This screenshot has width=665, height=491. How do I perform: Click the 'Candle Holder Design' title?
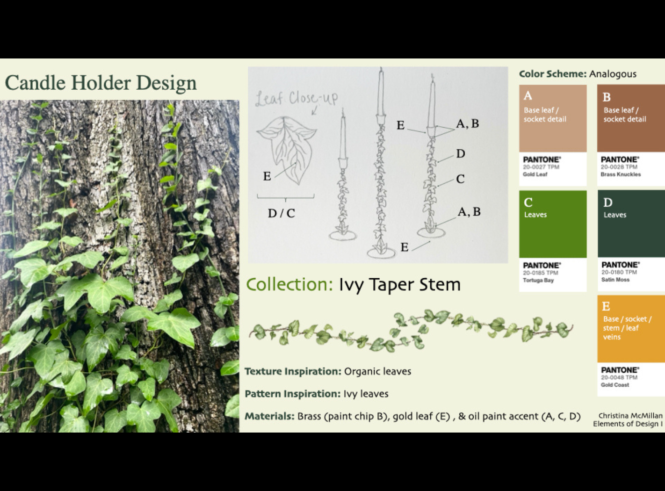[x=101, y=83]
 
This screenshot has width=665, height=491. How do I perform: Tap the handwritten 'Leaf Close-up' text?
[x=296, y=98]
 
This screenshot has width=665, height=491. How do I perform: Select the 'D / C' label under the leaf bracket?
[x=281, y=213]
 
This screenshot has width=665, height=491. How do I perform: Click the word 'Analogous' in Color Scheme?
[x=613, y=74]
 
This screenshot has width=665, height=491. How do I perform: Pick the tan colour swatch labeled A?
[x=553, y=118]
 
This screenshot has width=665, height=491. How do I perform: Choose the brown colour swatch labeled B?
[x=631, y=118]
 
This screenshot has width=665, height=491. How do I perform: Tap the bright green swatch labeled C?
[x=553, y=224]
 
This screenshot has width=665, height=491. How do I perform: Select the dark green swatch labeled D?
[x=631, y=224]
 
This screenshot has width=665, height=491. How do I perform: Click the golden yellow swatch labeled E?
[x=631, y=329]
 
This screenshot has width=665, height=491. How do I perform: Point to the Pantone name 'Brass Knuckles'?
[x=621, y=174]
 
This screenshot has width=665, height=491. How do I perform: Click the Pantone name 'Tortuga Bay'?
[x=538, y=280]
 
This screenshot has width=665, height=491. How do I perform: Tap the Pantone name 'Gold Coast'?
[x=614, y=385]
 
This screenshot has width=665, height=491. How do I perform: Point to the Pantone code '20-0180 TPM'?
[x=619, y=272]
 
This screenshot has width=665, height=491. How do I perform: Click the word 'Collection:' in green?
[x=289, y=284]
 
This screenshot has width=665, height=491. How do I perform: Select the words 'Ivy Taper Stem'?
[x=400, y=284]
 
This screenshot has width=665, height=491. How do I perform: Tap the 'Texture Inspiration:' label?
[x=293, y=371]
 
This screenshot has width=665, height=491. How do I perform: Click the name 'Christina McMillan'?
[x=630, y=416]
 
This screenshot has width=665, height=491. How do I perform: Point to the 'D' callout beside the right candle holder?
[x=461, y=153]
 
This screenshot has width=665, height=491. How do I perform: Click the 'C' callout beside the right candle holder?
[x=460, y=179]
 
